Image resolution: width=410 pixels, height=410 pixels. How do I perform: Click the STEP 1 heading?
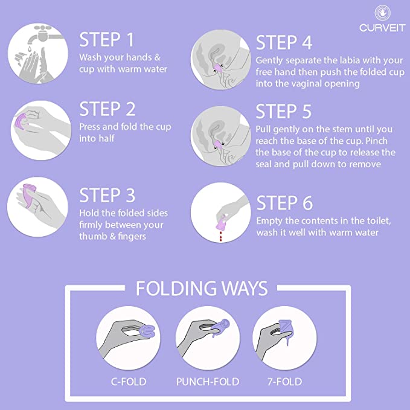(106, 39)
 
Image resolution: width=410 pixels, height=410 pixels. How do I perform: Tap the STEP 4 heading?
(284, 42)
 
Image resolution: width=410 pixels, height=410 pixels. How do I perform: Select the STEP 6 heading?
(284, 203)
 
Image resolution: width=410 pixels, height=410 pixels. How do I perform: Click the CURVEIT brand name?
(382, 28)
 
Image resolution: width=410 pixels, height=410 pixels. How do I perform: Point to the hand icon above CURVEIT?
(383, 13)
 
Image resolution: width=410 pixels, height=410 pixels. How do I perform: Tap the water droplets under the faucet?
(30, 49)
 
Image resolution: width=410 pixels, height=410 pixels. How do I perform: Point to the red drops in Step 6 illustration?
(221, 235)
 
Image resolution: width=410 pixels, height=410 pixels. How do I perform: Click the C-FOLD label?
(129, 382)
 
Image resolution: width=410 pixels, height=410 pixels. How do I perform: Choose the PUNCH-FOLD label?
(208, 382)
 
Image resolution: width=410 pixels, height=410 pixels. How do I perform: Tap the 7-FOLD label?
(284, 382)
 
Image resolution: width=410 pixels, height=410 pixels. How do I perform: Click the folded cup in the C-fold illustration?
(147, 332)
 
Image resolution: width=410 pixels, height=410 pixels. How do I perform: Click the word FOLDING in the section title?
(176, 289)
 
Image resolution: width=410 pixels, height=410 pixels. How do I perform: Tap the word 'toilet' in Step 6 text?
(379, 221)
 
